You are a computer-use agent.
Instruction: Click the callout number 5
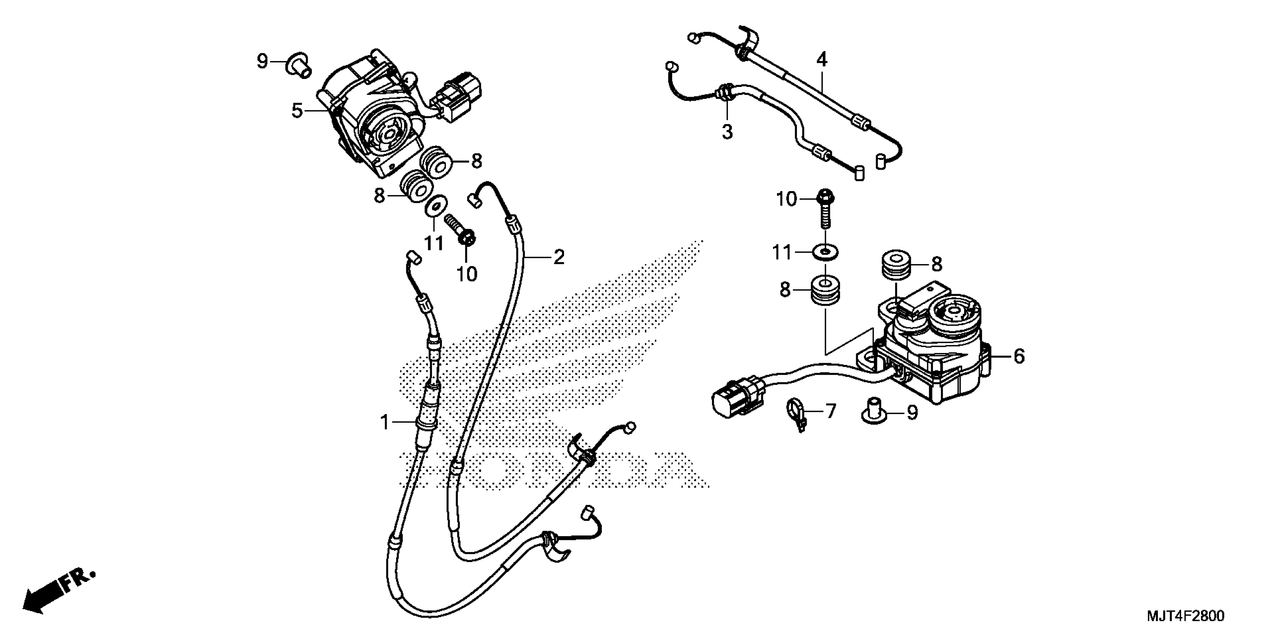click(297, 111)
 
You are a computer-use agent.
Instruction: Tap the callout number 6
click(1019, 356)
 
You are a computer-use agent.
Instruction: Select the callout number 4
click(821, 60)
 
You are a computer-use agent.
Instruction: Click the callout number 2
click(558, 257)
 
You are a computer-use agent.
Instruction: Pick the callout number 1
click(385, 422)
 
